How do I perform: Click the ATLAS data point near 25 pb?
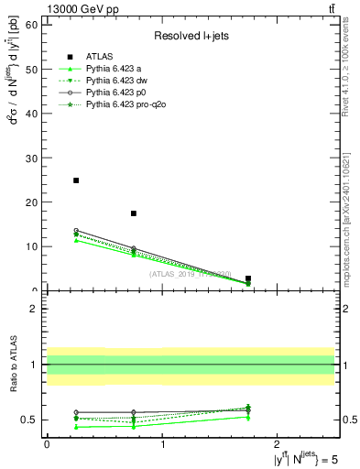coord(76,180)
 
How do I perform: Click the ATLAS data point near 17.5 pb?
coord(134,213)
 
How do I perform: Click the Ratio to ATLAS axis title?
coord(12,365)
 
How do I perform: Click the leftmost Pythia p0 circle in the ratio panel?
coord(76,412)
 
